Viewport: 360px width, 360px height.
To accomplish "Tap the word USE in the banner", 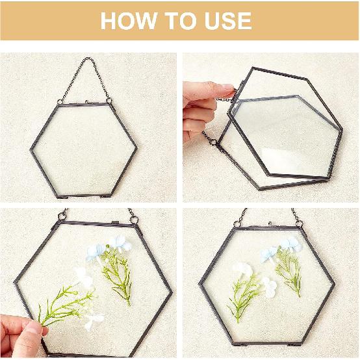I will (224, 21).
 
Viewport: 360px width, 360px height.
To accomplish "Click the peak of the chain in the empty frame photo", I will (86, 60).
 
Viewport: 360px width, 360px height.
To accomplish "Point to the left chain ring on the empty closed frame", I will (60, 101).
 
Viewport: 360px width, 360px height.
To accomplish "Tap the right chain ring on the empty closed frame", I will (110, 101).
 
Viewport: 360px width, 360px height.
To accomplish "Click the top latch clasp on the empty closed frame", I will (86, 100).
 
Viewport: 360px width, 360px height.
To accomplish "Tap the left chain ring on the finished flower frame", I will (238, 224).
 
